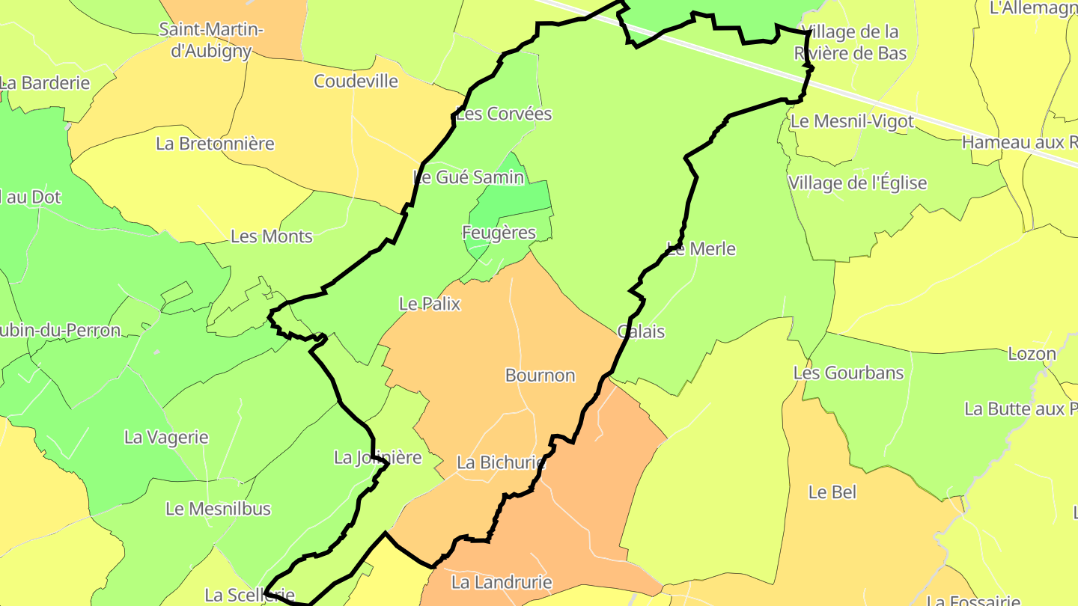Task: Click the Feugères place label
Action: click(499, 233)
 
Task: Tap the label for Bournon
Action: click(540, 376)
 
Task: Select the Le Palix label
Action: click(430, 304)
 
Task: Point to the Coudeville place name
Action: click(356, 81)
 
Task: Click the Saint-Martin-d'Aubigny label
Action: click(212, 40)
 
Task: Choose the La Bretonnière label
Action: click(215, 144)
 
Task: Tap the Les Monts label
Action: click(271, 236)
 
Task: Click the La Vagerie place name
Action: click(166, 437)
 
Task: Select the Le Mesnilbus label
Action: click(218, 509)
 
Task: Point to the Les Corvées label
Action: click(504, 114)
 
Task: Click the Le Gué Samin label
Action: click(469, 177)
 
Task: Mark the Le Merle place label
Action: click(701, 249)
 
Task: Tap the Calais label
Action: click(642, 331)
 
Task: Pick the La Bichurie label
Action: click(501, 463)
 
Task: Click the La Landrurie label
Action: click(502, 582)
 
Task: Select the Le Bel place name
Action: click(832, 492)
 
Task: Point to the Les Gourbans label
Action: click(848, 373)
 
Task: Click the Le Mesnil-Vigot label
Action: click(852, 121)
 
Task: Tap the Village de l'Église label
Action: click(857, 183)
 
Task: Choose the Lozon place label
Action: click(1032, 354)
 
